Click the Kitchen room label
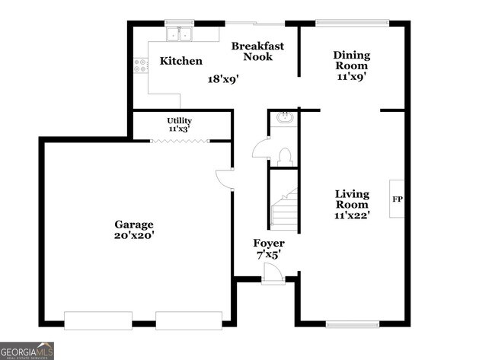coord(181,61)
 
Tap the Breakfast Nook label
coord(258,51)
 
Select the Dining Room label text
coord(352,60)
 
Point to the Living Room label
coord(352,199)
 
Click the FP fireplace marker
coord(397,199)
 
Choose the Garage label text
coord(134,225)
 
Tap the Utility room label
coord(180,121)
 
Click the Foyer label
coord(269,244)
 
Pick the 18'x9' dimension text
coord(224,78)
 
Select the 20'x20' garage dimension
coord(134,236)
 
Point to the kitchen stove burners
coord(141,66)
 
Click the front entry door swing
coord(271,273)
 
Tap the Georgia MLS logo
coord(27,351)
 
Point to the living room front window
coord(353,325)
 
